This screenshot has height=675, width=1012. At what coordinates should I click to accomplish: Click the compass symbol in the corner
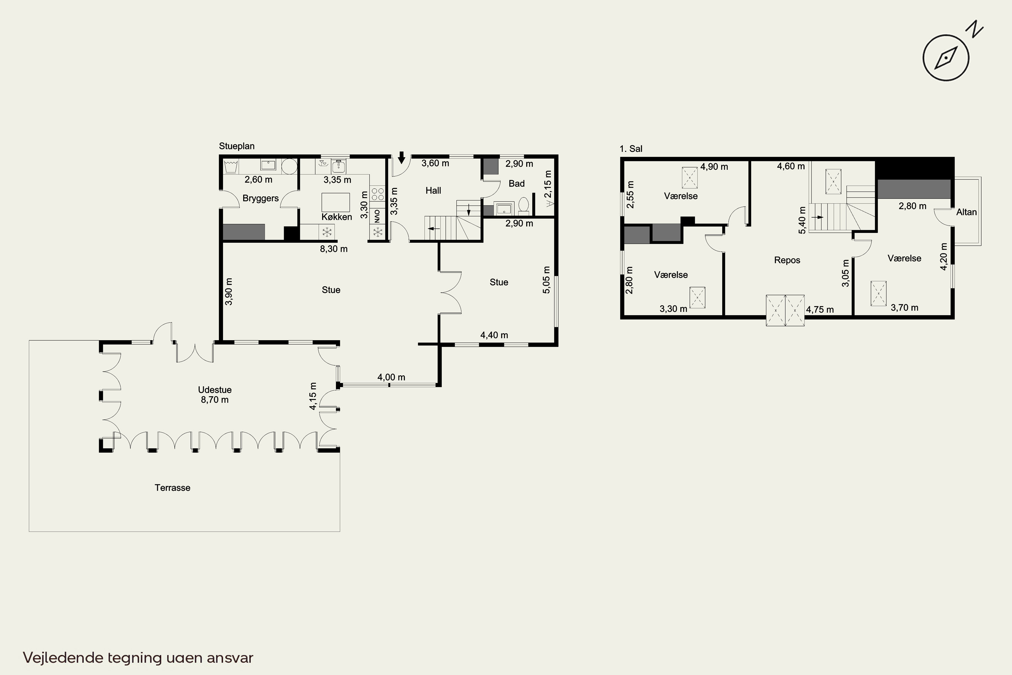[946, 58]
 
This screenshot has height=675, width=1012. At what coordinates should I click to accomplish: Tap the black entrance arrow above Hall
[401, 158]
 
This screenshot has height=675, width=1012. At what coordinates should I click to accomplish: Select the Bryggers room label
[260, 198]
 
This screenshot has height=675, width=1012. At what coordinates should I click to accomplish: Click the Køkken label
[336, 217]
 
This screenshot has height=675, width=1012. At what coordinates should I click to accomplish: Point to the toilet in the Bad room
[524, 206]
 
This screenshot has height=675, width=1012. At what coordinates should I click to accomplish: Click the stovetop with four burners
[377, 193]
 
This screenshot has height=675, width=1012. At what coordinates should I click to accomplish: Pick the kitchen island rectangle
[336, 202]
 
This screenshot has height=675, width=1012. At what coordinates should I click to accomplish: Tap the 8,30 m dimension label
[334, 249]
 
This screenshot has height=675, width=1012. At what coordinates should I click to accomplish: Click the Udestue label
[215, 389]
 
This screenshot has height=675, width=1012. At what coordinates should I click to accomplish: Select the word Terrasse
[172, 488]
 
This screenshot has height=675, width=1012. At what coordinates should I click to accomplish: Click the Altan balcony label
[966, 212]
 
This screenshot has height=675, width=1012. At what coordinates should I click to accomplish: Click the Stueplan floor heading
[237, 146]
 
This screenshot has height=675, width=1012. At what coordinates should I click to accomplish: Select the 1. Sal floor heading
[631, 149]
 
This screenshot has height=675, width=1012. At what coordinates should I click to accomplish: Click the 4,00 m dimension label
[391, 377]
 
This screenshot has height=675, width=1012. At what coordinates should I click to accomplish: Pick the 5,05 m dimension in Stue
[546, 280]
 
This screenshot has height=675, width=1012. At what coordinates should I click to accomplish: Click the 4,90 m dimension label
[714, 167]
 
